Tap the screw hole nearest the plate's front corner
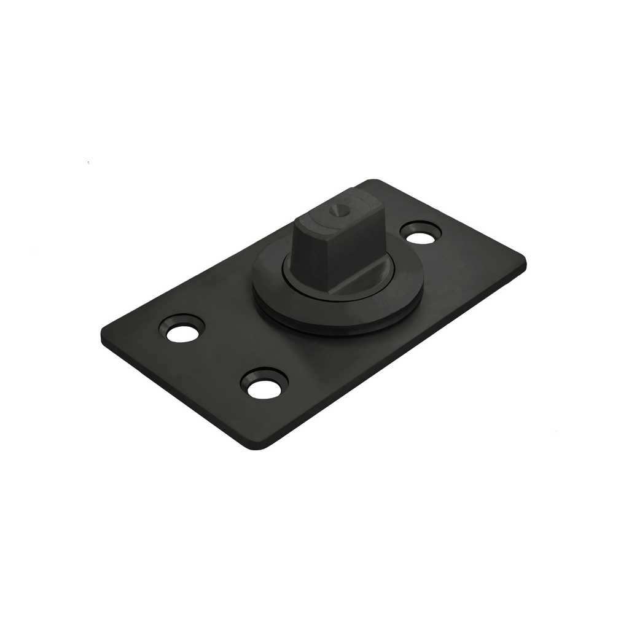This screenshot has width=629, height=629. pyautogui.click(x=265, y=386)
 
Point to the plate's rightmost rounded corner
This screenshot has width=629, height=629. pyautogui.click(x=523, y=261)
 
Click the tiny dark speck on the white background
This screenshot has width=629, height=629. pyautogui.click(x=89, y=163)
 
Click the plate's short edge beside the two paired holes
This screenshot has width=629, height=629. pyautogui.click(x=178, y=393)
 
